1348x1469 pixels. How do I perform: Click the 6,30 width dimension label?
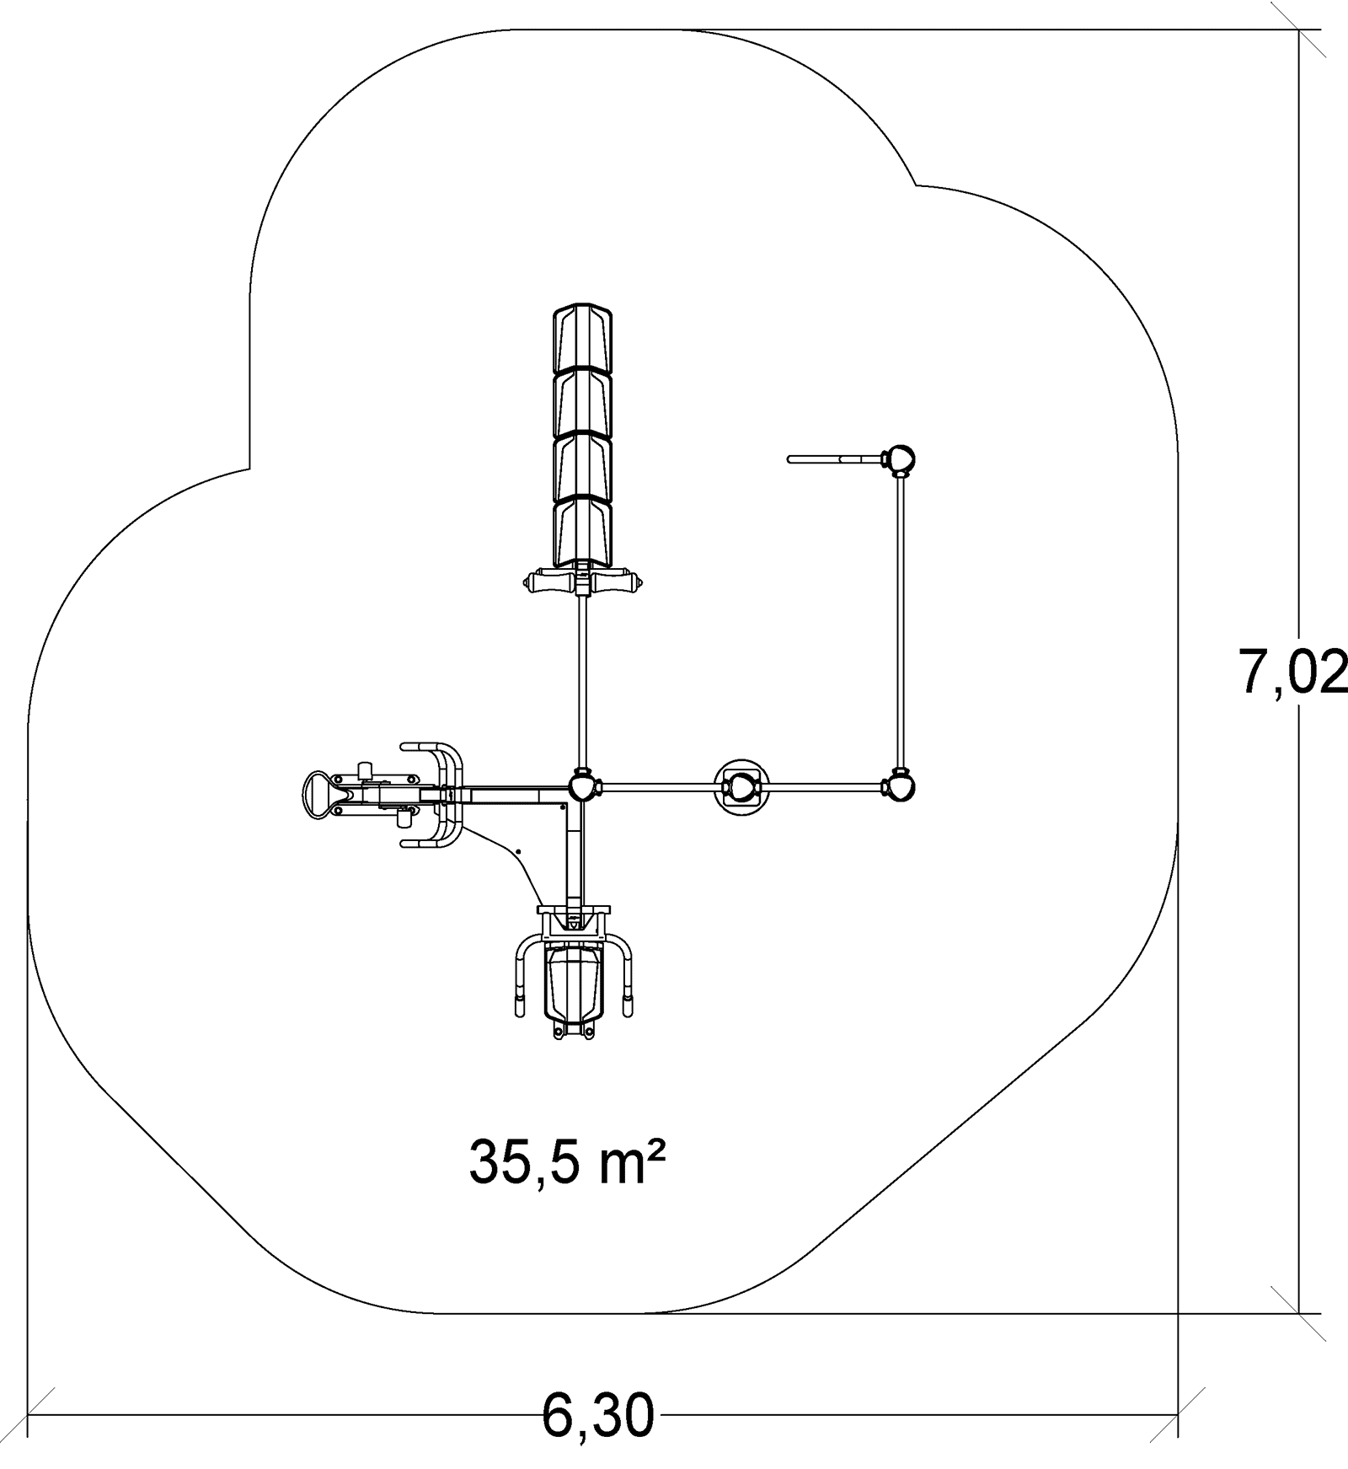pos(598,1413)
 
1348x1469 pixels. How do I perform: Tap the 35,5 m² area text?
pos(568,1162)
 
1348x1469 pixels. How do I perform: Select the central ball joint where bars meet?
pos(583,787)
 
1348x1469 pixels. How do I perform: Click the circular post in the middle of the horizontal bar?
pos(742,787)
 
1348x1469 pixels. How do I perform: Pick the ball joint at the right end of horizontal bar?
pos(900,787)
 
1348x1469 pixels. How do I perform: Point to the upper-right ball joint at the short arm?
pos(899,460)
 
